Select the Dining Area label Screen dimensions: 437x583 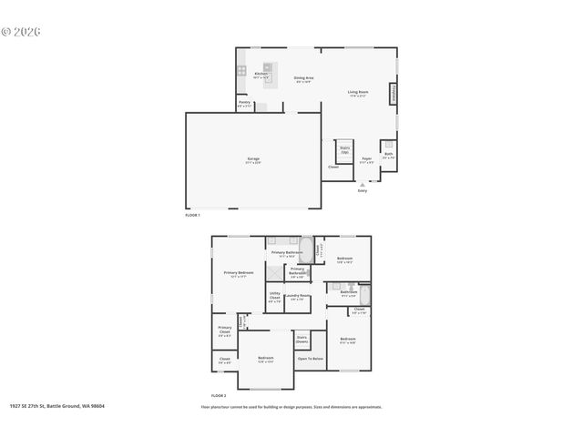[x=303, y=79]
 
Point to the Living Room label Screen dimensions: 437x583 [x=357, y=93]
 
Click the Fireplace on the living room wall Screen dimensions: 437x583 [x=394, y=93]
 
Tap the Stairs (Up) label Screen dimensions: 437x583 [x=345, y=148]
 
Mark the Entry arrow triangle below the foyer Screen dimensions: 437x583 [x=363, y=184]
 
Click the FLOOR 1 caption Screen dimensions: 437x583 [x=192, y=215]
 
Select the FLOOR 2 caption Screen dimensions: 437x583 [x=219, y=395]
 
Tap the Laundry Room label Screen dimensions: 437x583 [x=299, y=297]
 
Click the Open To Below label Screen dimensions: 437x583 [x=311, y=359]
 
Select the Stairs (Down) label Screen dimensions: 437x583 [x=302, y=339]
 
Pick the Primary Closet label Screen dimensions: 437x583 [x=224, y=330]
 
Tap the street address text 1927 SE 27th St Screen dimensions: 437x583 [x=56, y=406]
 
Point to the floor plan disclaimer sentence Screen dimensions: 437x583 [x=291, y=407]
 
